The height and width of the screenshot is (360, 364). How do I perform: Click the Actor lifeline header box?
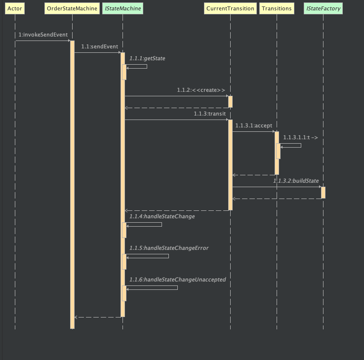[15, 8]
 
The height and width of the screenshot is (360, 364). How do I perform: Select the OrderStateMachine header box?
[72, 8]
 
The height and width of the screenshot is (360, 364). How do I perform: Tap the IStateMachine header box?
[122, 8]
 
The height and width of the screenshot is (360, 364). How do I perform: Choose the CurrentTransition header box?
[230, 8]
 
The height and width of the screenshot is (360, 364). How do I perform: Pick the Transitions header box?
[277, 8]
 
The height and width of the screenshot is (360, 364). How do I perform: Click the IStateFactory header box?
[324, 8]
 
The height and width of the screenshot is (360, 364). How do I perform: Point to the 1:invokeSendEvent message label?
[43, 35]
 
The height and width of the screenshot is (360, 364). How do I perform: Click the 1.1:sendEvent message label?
[100, 46]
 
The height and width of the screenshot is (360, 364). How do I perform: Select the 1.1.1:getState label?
[147, 58]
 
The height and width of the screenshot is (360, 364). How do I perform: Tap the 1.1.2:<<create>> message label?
[201, 90]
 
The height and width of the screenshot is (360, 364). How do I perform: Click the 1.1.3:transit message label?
[209, 114]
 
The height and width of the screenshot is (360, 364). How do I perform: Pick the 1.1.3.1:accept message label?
[253, 125]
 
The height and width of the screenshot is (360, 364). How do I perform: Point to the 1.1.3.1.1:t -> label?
[301, 137]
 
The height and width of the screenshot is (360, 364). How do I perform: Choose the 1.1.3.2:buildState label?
[296, 181]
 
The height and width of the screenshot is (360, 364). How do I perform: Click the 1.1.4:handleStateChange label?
[162, 216]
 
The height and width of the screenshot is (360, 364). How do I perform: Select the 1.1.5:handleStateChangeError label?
[169, 248]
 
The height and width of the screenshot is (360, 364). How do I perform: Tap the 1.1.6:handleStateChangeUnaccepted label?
[177, 280]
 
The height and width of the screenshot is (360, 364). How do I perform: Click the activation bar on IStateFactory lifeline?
[323, 193]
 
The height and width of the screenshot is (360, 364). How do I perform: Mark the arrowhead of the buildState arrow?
[319, 187]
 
